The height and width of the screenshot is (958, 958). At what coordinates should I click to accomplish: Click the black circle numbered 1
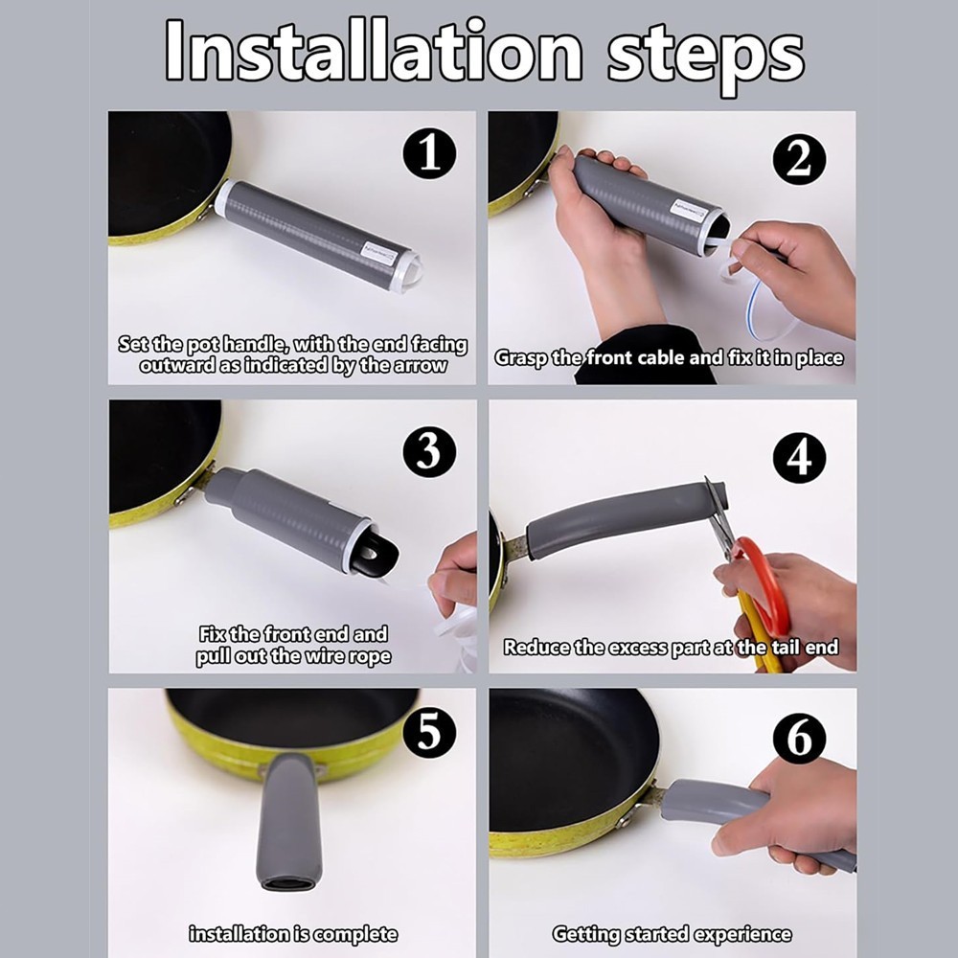[429, 153]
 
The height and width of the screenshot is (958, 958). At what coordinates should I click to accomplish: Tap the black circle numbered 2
[799, 159]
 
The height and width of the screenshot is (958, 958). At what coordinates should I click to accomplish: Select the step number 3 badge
[429, 451]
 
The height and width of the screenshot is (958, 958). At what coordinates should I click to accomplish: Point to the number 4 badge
[799, 458]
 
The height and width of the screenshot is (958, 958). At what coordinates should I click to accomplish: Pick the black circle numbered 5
[429, 731]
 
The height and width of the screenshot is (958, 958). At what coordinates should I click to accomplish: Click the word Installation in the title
[374, 50]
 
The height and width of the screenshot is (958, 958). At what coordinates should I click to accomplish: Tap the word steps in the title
[706, 58]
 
